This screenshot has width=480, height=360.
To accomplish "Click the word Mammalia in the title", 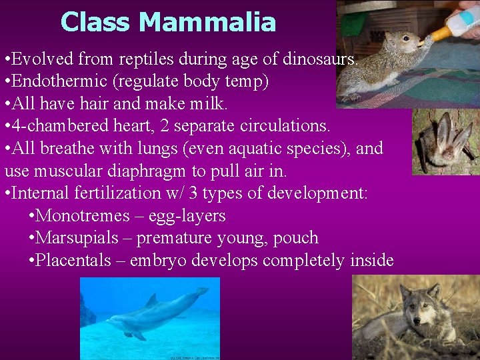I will point(207,22).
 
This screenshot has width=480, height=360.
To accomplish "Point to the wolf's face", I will point(419,306).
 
